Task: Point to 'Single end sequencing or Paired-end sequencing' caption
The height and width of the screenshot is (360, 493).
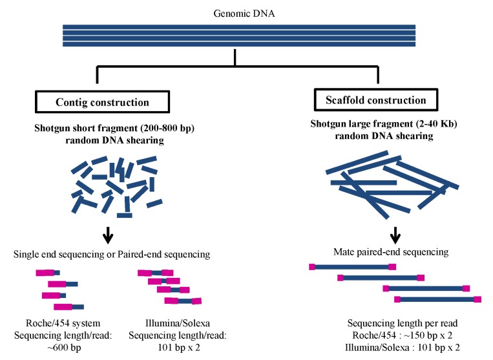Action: click(x=111, y=255)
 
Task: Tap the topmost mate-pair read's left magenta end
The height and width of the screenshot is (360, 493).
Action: click(x=312, y=266)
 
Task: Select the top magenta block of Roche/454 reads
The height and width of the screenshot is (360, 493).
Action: click(x=45, y=273)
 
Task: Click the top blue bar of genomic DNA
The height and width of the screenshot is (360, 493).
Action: click(x=238, y=27)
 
